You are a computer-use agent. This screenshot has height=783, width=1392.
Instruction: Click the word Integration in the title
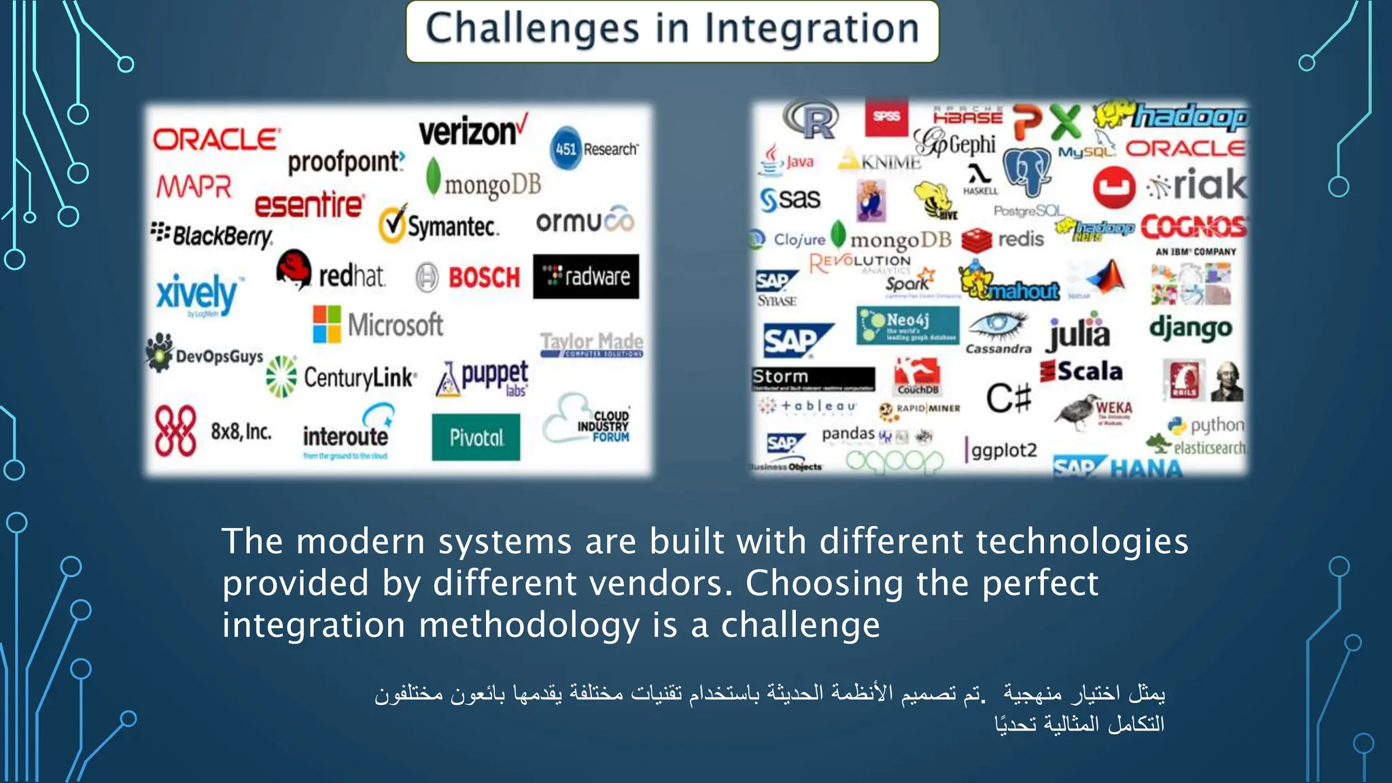pos(812,29)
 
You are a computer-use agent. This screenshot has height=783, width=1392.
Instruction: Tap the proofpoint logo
pos(345,162)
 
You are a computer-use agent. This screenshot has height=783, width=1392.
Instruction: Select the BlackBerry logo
pos(212,235)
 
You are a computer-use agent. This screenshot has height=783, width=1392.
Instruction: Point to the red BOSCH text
pos(484,277)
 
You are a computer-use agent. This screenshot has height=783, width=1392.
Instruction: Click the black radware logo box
pos(586,277)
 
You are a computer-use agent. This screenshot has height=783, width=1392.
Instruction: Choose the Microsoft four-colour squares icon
pos(327,324)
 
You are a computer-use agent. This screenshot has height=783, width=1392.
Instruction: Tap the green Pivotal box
pos(476,438)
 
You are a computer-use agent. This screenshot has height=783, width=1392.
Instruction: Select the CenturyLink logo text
pos(359,377)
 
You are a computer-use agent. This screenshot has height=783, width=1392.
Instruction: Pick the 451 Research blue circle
pos(565,148)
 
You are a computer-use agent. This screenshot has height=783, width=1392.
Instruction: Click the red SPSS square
pos(886,117)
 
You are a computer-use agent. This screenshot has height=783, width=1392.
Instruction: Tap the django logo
pos(1190,328)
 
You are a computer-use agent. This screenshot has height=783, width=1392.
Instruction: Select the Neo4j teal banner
pos(907,325)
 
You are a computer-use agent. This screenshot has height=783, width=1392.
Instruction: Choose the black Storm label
pos(813,378)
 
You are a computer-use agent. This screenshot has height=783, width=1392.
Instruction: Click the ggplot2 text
pos(1003,450)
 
